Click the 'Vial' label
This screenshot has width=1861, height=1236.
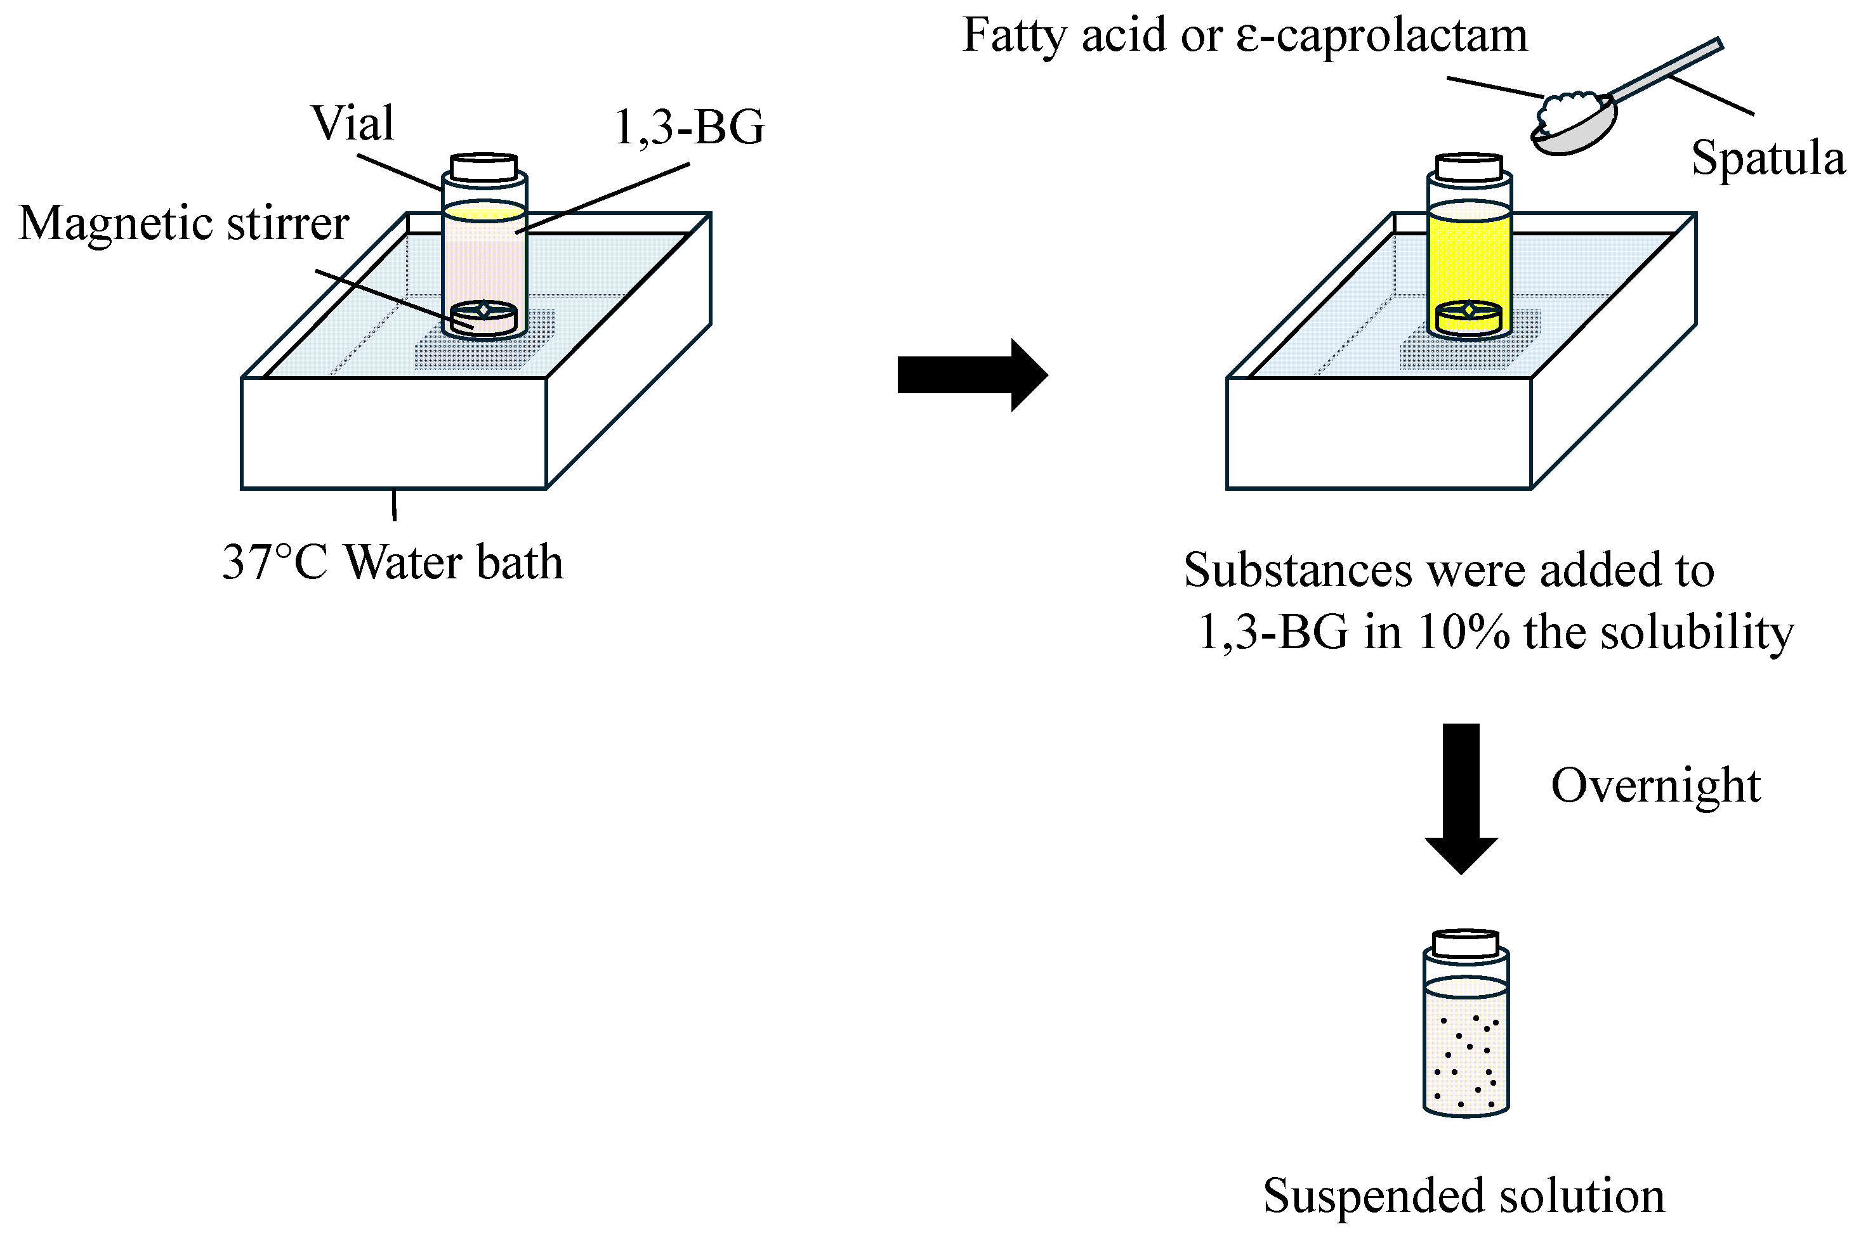coord(353,124)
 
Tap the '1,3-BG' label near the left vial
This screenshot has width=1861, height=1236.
coord(688,127)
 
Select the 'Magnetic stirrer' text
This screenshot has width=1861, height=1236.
coord(184,223)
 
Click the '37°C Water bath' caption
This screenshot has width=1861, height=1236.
coord(393,563)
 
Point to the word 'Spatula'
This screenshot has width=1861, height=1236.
coord(1768,158)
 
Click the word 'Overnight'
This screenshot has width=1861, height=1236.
coord(1655,786)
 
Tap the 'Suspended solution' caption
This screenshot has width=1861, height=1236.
coord(1464,1196)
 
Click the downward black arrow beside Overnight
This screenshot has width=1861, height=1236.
coord(1461,796)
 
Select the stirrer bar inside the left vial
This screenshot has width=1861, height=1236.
coord(484,318)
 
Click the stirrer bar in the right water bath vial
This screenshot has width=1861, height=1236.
coord(1468,318)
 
